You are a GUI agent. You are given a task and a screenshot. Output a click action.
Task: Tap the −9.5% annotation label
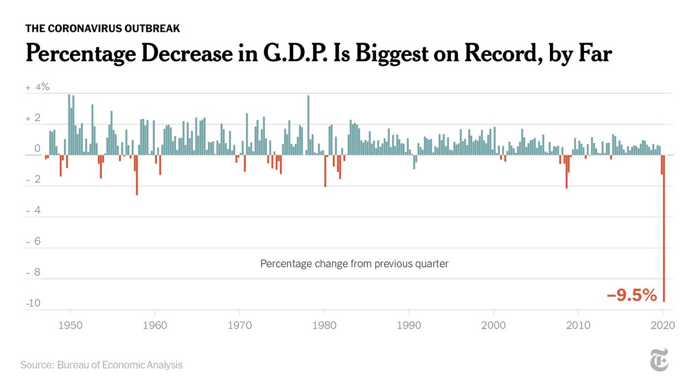point(632,296)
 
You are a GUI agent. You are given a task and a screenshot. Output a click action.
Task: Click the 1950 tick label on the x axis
point(70,326)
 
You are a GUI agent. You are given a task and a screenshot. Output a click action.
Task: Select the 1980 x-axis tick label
point(325,326)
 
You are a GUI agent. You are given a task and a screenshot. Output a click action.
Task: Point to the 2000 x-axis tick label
point(494,326)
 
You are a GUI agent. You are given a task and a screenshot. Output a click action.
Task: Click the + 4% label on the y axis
point(38,88)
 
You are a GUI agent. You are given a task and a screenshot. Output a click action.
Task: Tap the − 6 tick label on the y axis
point(35,241)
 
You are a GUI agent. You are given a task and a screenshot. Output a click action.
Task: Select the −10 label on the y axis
point(33,304)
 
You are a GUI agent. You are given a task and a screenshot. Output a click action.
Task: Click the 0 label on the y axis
point(37,149)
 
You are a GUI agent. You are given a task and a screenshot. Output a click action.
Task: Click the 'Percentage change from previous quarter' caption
point(354,264)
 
